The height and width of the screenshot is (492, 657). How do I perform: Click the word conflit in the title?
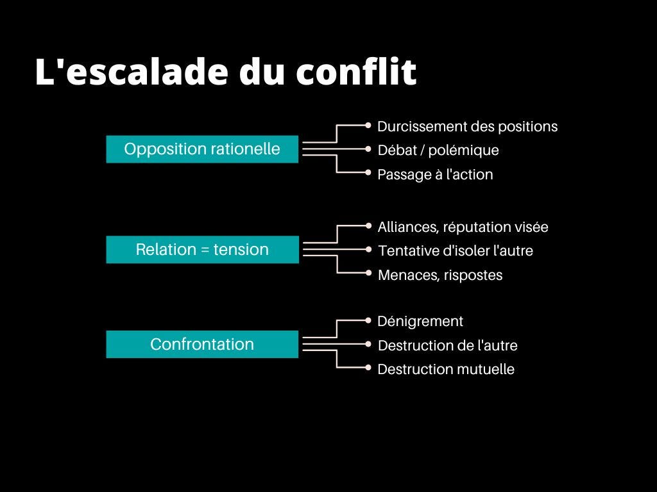356,71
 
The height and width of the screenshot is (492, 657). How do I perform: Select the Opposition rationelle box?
202,149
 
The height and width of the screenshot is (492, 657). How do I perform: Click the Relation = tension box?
202,249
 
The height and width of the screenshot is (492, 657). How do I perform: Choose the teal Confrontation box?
202,344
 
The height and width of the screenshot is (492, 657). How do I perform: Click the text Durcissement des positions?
468,127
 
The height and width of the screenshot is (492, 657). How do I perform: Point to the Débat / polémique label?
438,150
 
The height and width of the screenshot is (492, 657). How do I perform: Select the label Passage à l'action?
436,174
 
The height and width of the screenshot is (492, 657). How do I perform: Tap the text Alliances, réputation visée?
463,227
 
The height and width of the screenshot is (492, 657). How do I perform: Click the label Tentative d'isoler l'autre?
456,250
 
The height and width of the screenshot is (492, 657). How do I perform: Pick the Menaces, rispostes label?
440,275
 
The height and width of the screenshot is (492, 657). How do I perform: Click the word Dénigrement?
420,322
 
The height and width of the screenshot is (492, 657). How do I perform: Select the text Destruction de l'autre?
447,345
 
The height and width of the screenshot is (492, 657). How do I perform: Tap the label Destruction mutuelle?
447,369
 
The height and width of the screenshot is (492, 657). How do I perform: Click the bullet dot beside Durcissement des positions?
368,125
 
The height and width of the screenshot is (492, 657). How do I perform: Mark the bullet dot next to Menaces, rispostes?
368,273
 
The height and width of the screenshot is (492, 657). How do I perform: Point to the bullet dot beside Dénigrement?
368,320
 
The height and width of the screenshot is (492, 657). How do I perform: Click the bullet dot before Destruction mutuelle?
368,368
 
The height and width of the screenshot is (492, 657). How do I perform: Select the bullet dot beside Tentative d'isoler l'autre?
368,249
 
